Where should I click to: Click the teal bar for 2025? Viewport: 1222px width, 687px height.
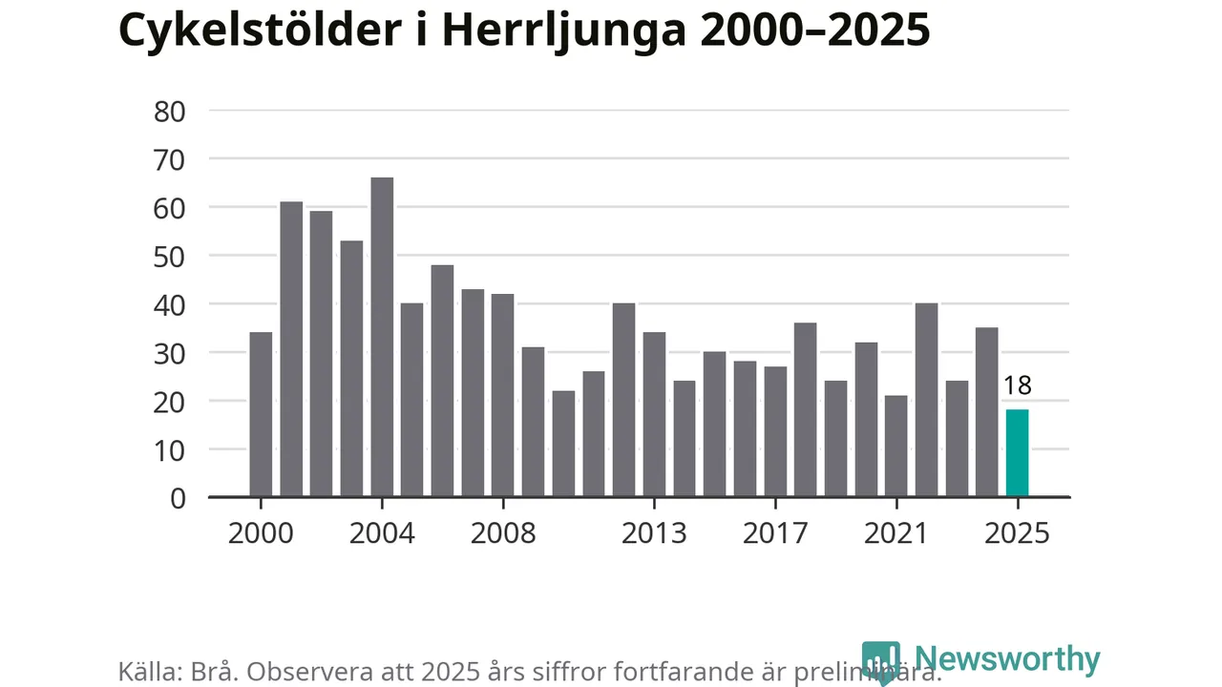(1017, 453)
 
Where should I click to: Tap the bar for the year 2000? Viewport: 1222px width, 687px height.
(261, 414)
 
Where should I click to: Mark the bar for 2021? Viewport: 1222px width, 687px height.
(896, 446)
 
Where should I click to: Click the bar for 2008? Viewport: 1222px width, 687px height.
(502, 395)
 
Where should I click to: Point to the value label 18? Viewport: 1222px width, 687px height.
(1017, 386)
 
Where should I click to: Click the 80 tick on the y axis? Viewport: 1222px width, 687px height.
(169, 111)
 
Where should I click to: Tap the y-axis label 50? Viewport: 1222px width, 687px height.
(169, 256)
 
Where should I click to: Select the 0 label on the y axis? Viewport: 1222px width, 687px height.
(178, 498)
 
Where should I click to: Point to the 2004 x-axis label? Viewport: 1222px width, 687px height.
(382, 532)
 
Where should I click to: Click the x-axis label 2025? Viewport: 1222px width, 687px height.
(1017, 532)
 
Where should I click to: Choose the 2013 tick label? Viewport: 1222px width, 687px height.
(654, 532)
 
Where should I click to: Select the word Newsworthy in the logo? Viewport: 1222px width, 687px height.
(1006, 659)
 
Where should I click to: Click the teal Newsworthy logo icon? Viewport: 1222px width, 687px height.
(880, 661)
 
